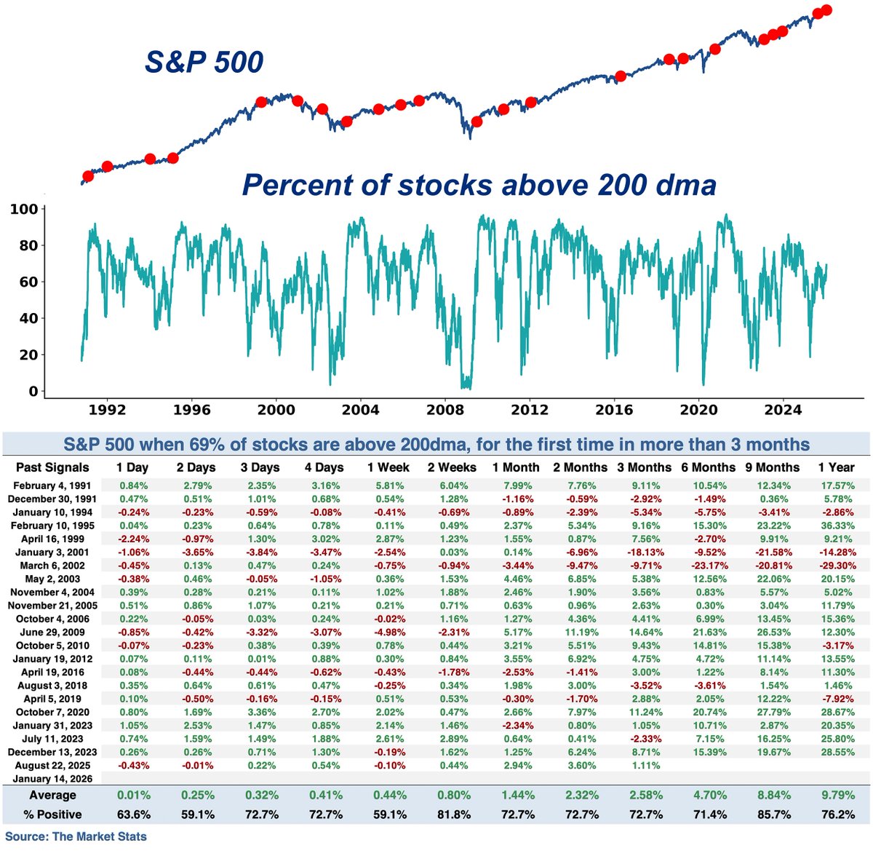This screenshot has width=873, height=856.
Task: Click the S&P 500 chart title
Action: (x=204, y=62)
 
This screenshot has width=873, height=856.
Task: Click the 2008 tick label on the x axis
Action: (x=445, y=409)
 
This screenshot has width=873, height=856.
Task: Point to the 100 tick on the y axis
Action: (x=24, y=210)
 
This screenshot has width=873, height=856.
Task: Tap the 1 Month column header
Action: (x=516, y=467)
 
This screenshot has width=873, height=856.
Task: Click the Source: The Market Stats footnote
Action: (x=76, y=836)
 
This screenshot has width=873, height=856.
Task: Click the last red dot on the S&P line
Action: (x=826, y=10)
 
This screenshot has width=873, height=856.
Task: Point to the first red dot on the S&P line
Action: (x=88, y=176)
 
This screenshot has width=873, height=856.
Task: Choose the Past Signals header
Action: (x=52, y=467)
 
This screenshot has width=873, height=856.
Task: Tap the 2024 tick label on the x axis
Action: (x=783, y=409)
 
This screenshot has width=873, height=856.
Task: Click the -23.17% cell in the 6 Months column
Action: (x=709, y=566)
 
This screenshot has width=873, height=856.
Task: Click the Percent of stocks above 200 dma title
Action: (x=479, y=185)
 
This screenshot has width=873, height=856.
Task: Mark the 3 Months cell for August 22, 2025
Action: (x=645, y=766)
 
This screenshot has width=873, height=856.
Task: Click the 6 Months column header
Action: (x=709, y=467)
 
